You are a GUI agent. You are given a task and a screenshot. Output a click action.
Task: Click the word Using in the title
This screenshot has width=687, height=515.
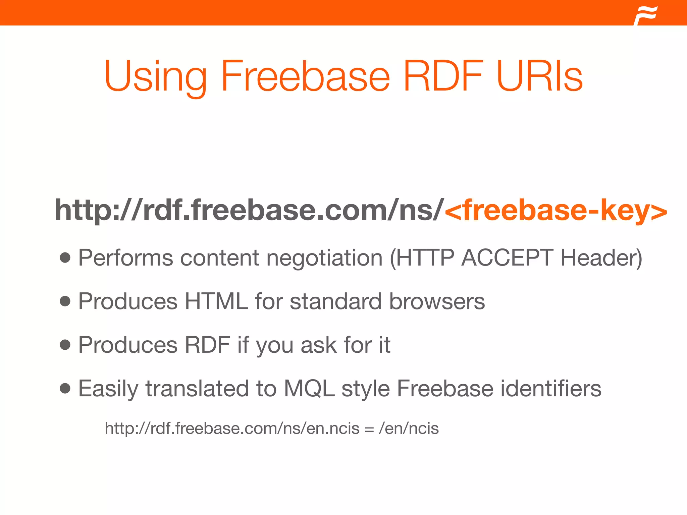click(x=155, y=76)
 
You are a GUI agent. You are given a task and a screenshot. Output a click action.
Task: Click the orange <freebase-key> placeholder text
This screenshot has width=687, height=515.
click(x=556, y=210)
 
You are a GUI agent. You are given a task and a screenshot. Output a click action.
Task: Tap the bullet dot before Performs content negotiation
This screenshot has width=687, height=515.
click(x=65, y=258)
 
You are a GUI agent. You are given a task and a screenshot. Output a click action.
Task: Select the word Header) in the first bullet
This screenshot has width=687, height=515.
click(x=601, y=258)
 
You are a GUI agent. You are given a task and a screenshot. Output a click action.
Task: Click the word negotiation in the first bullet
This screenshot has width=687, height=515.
click(x=324, y=258)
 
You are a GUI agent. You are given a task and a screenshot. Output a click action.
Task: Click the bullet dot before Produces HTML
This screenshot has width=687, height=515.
click(x=65, y=301)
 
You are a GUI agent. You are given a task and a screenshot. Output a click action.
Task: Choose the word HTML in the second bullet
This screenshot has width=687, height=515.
click(x=216, y=301)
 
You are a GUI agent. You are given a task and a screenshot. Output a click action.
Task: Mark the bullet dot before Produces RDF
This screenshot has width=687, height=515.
click(x=65, y=345)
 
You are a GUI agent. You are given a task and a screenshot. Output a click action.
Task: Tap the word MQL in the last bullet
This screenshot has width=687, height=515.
click(x=309, y=389)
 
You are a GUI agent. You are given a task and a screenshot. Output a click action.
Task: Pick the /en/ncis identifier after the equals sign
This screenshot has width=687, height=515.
click(x=409, y=428)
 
